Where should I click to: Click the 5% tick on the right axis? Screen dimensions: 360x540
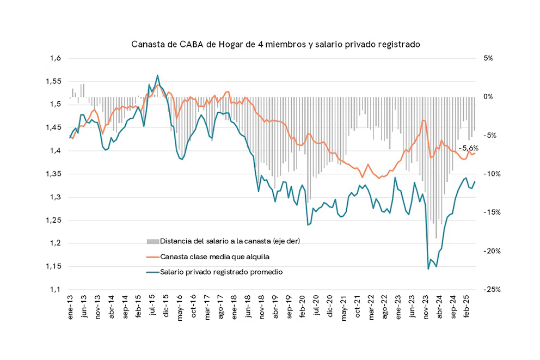click(487, 58)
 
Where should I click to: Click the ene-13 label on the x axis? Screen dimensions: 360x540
click(71, 309)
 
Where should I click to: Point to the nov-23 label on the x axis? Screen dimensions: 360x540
click(426, 309)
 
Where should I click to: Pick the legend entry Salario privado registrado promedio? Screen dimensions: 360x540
click(222, 271)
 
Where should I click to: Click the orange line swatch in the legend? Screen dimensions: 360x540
click(152, 256)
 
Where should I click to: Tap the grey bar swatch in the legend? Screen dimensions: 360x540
click(152, 241)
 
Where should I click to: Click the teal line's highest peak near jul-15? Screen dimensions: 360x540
click(157, 76)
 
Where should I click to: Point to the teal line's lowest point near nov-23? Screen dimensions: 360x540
click(428, 269)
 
